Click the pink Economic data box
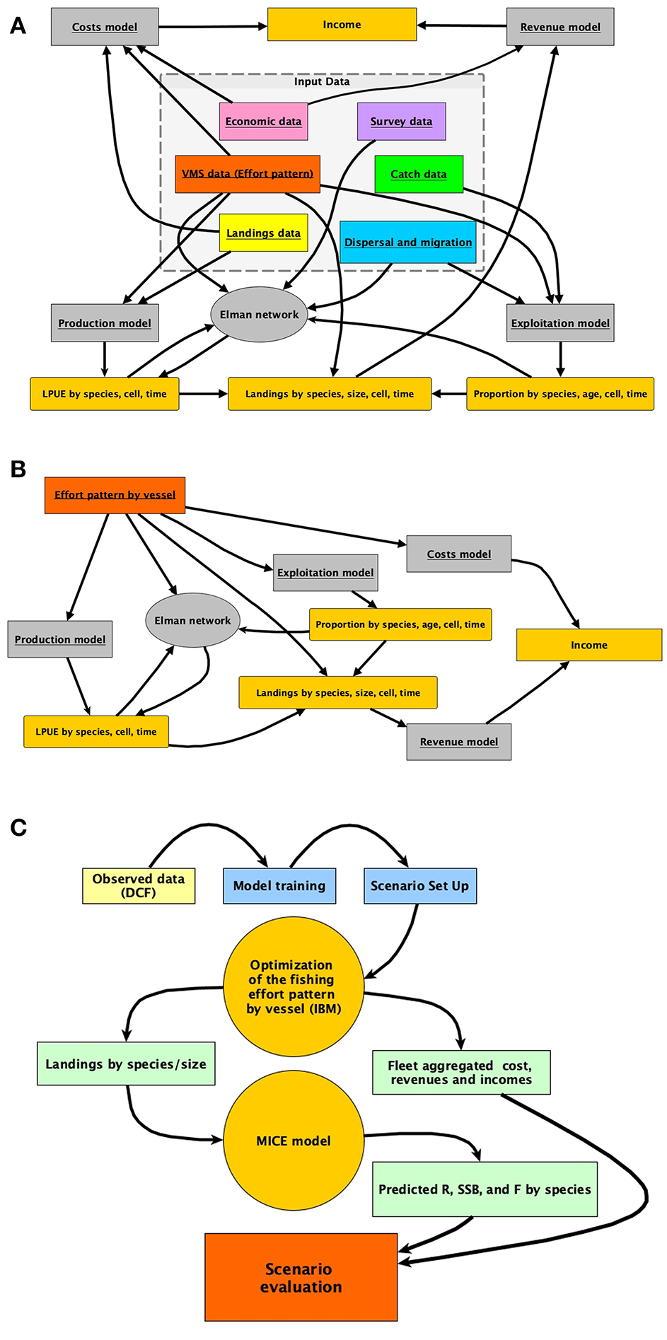tap(263, 121)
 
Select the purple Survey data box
tap(401, 121)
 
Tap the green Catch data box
tap(419, 174)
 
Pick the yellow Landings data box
tap(263, 233)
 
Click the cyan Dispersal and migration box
tap(408, 242)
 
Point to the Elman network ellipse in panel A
tap(259, 315)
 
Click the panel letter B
tap(18, 469)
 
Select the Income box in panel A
tap(342, 25)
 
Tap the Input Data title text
tap(322, 81)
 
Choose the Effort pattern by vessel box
tap(115, 494)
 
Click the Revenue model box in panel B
tap(458, 742)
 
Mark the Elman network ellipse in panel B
tap(192, 620)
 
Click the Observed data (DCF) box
tap(139, 885)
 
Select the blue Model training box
tap(279, 885)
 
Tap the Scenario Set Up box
tap(420, 885)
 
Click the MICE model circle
tap(294, 1141)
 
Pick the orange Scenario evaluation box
tap(301, 1277)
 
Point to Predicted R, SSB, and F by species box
tap(485, 1189)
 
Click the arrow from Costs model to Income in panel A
tap(212, 26)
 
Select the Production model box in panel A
tap(105, 323)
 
